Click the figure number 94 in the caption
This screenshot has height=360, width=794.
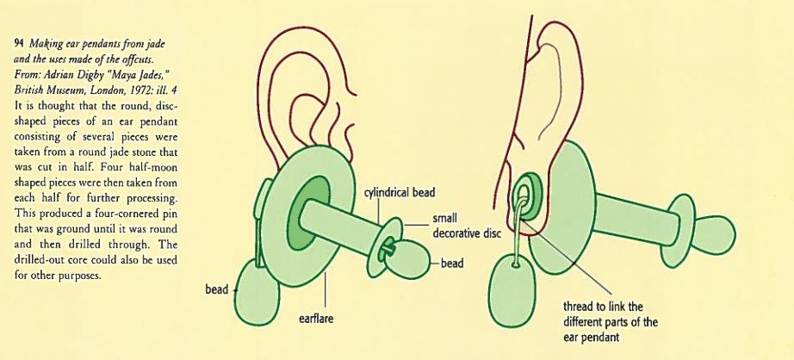pos(17,40)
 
